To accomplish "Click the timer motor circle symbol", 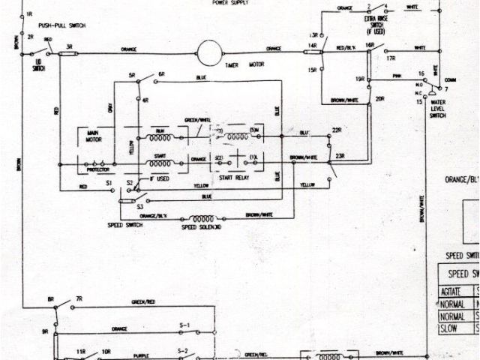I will click(206, 50).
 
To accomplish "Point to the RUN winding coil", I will click(171, 136).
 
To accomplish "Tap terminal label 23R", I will click(340, 155).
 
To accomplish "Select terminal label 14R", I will click(311, 46).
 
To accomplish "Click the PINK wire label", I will click(397, 76).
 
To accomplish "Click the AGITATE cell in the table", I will click(450, 288).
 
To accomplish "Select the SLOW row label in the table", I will click(450, 328).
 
